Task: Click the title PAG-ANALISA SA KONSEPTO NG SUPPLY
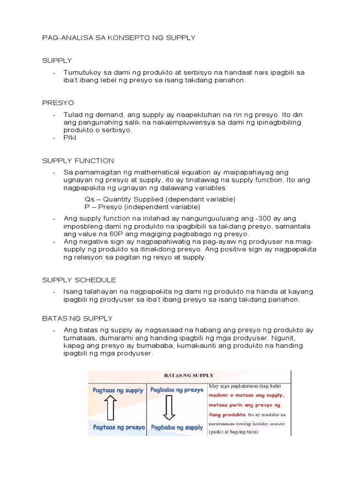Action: point(119,37)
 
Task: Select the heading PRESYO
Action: point(58,103)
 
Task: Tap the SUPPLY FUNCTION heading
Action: point(78,161)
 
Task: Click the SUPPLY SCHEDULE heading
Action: point(79,280)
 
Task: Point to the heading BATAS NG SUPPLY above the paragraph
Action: point(77,318)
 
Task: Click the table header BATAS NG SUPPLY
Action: point(188,375)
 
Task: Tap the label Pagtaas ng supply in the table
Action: point(118,390)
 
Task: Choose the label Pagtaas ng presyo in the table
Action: point(119,427)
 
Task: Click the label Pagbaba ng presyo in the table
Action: point(177,390)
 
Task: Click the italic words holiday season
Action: point(268,423)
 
